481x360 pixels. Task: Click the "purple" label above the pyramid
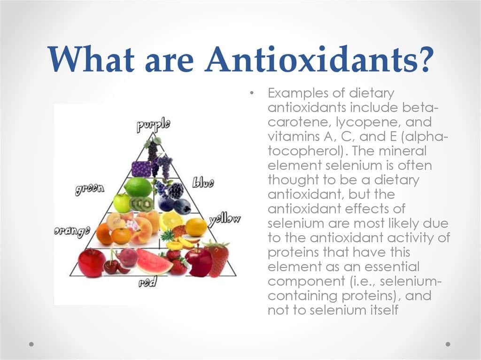click(x=153, y=125)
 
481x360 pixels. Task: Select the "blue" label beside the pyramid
click(x=203, y=183)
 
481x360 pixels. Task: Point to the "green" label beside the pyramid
click(x=90, y=189)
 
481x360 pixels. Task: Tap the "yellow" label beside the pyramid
click(x=225, y=219)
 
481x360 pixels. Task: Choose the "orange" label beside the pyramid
click(x=72, y=230)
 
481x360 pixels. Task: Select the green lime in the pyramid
click(x=138, y=187)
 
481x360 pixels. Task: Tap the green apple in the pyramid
click(x=122, y=203)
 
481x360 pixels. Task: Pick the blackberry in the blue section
click(x=176, y=191)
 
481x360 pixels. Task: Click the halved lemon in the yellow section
click(x=171, y=220)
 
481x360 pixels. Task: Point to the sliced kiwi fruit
click(x=143, y=204)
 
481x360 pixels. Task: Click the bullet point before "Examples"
click(x=252, y=93)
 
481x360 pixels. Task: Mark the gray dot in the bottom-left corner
click(x=31, y=344)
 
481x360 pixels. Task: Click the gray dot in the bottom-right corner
click(x=448, y=344)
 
